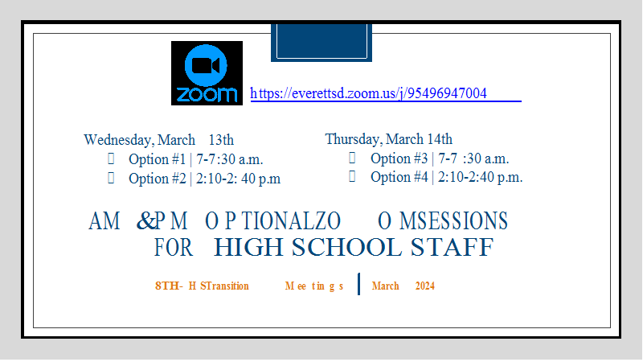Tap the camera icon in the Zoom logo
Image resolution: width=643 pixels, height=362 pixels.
[206, 66]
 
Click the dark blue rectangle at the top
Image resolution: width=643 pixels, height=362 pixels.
[321, 43]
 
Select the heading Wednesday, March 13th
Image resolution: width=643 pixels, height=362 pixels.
[158, 140]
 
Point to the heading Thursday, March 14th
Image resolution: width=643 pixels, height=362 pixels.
[389, 139]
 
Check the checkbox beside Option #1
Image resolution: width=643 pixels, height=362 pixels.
[111, 158]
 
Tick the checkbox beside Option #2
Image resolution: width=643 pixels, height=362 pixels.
[111, 178]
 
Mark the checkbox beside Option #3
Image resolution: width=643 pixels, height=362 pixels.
[352, 158]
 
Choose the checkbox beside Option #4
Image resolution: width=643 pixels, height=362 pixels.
[352, 176]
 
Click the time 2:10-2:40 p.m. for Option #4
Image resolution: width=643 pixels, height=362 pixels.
[480, 177]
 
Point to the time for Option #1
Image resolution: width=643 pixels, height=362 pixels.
[229, 159]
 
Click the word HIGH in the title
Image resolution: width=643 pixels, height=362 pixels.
[248, 247]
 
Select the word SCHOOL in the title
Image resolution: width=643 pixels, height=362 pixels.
[346, 247]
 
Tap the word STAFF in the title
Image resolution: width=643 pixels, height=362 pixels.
[452, 247]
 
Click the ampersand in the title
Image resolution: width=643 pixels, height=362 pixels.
[146, 220]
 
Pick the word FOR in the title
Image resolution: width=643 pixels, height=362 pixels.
[173, 248]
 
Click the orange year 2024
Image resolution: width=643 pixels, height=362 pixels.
[425, 286]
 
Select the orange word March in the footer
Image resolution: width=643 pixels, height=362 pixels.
[386, 286]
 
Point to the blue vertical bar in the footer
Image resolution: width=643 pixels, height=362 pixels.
[358, 284]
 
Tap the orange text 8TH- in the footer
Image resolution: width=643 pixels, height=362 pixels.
[169, 286]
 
